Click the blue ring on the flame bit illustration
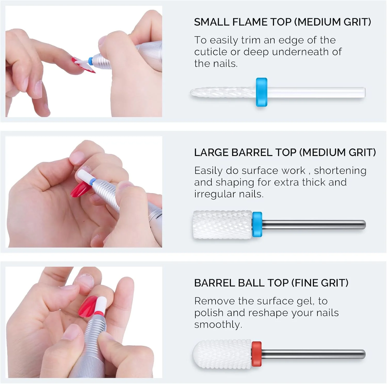(x=261, y=92)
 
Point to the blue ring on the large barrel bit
(x=257, y=224)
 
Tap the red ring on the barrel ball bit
(x=256, y=354)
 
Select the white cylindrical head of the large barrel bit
(x=222, y=225)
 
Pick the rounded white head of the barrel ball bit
(x=222, y=354)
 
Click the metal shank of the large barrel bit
(x=314, y=225)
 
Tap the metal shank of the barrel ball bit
(x=313, y=354)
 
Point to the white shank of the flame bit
(x=316, y=92)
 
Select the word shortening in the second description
(x=340, y=171)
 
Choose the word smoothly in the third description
(x=218, y=325)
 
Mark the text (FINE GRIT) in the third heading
(x=320, y=283)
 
